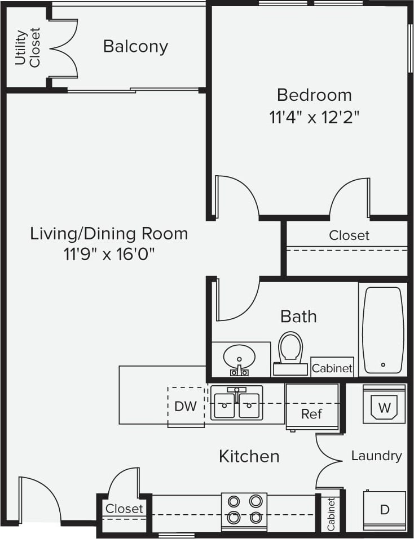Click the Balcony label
coord(135,46)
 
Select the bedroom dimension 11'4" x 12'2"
coord(314,117)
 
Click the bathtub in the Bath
coord(383,329)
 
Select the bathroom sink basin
coord(239,357)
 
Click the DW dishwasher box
coord(186,407)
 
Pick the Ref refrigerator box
coord(311,413)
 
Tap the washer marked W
coord(384,406)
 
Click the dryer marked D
coord(384,510)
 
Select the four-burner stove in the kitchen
coord(244,510)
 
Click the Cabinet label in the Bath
coord(332,368)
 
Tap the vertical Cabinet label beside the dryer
coord(331,514)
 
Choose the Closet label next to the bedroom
coord(349,235)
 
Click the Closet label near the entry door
coord(125,509)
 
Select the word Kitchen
coord(249,456)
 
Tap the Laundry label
coord(376,455)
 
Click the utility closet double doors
coord(63,48)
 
